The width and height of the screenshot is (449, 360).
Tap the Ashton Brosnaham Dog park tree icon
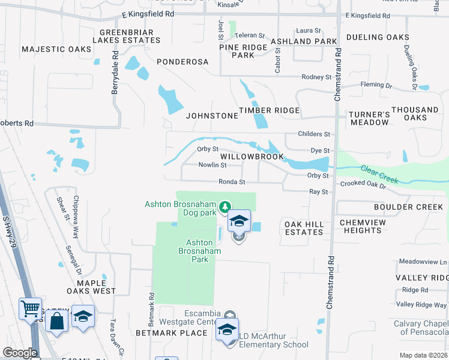[225, 207]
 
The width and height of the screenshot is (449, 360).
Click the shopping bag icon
[56, 321]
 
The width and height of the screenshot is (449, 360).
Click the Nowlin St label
[213, 165]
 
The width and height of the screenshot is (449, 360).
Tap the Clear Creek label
[379, 175]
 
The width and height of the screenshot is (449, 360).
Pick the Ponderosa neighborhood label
[182, 62]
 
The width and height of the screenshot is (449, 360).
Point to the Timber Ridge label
[269, 110]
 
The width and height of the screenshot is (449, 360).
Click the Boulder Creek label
[408, 207]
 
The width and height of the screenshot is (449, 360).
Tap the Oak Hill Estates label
[304, 228]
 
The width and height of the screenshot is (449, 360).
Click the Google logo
[20, 353]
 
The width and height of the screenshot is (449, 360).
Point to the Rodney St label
[316, 77]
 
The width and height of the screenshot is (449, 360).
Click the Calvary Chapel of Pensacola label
[420, 328]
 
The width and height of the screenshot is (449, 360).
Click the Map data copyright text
[423, 355]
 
